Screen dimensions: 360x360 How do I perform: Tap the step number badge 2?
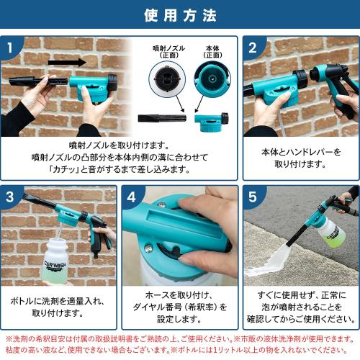tap(252, 48)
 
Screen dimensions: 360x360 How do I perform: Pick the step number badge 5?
tap(252, 197)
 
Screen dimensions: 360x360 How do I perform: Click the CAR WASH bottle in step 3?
tap(55, 264)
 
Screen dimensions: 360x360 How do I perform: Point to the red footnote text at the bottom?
tap(180, 343)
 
